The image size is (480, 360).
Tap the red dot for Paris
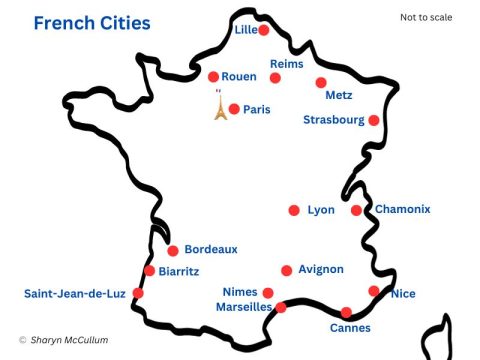point(234,109)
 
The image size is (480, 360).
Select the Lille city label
point(245,30)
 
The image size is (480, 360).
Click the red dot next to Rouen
point(213,76)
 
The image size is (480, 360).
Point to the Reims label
point(287,63)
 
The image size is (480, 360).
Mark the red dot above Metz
point(321,83)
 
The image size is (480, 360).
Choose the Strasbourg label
point(334,120)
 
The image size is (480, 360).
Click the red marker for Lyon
point(294,210)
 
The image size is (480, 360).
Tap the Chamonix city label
point(402,209)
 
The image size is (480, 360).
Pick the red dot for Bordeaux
point(173,251)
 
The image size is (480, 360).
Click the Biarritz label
point(181,270)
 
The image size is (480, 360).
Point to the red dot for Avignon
point(287,270)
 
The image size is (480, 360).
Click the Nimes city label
point(240,292)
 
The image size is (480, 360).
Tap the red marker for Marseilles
point(281,307)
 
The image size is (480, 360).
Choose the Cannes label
point(350,328)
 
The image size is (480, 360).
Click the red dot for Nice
point(374,291)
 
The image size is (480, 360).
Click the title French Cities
point(92,22)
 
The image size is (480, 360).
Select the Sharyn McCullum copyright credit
point(63,341)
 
